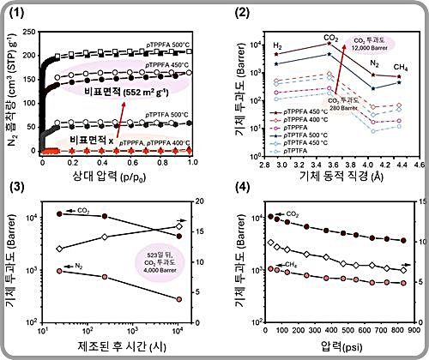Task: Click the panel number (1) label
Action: [18, 12]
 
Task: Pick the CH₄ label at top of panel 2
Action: [400, 65]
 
